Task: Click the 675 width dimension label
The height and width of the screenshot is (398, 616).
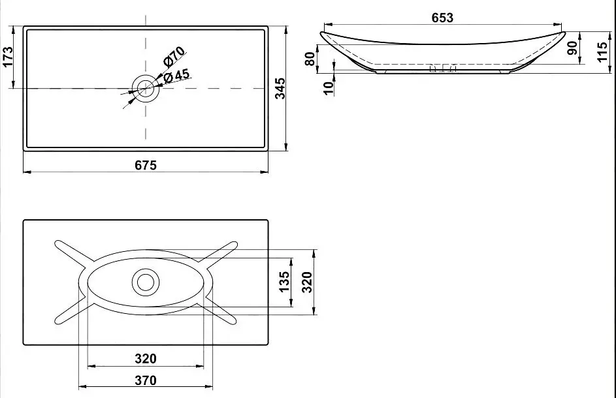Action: tap(146, 165)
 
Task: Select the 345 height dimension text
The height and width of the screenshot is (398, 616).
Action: tap(280, 88)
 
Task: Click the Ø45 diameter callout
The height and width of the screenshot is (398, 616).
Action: tap(177, 76)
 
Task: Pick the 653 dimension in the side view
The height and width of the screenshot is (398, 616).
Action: tap(442, 18)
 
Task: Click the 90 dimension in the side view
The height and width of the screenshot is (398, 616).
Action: tap(573, 48)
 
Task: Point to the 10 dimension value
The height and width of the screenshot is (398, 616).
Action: tap(328, 84)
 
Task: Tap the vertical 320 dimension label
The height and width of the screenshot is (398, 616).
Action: tap(307, 281)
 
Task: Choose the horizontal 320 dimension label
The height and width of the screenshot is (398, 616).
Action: tap(145, 358)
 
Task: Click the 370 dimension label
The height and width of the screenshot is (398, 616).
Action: tap(145, 380)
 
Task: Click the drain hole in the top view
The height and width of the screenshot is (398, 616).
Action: tap(145, 87)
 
